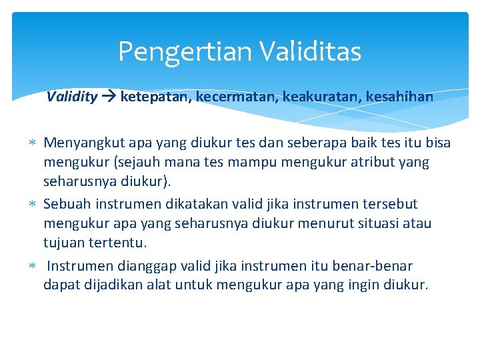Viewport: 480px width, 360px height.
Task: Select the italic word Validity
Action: pyautogui.click(x=72, y=97)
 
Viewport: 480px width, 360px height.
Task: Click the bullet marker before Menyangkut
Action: pyautogui.click(x=34, y=143)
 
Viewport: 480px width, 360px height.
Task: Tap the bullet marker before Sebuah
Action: pyautogui.click(x=34, y=204)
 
